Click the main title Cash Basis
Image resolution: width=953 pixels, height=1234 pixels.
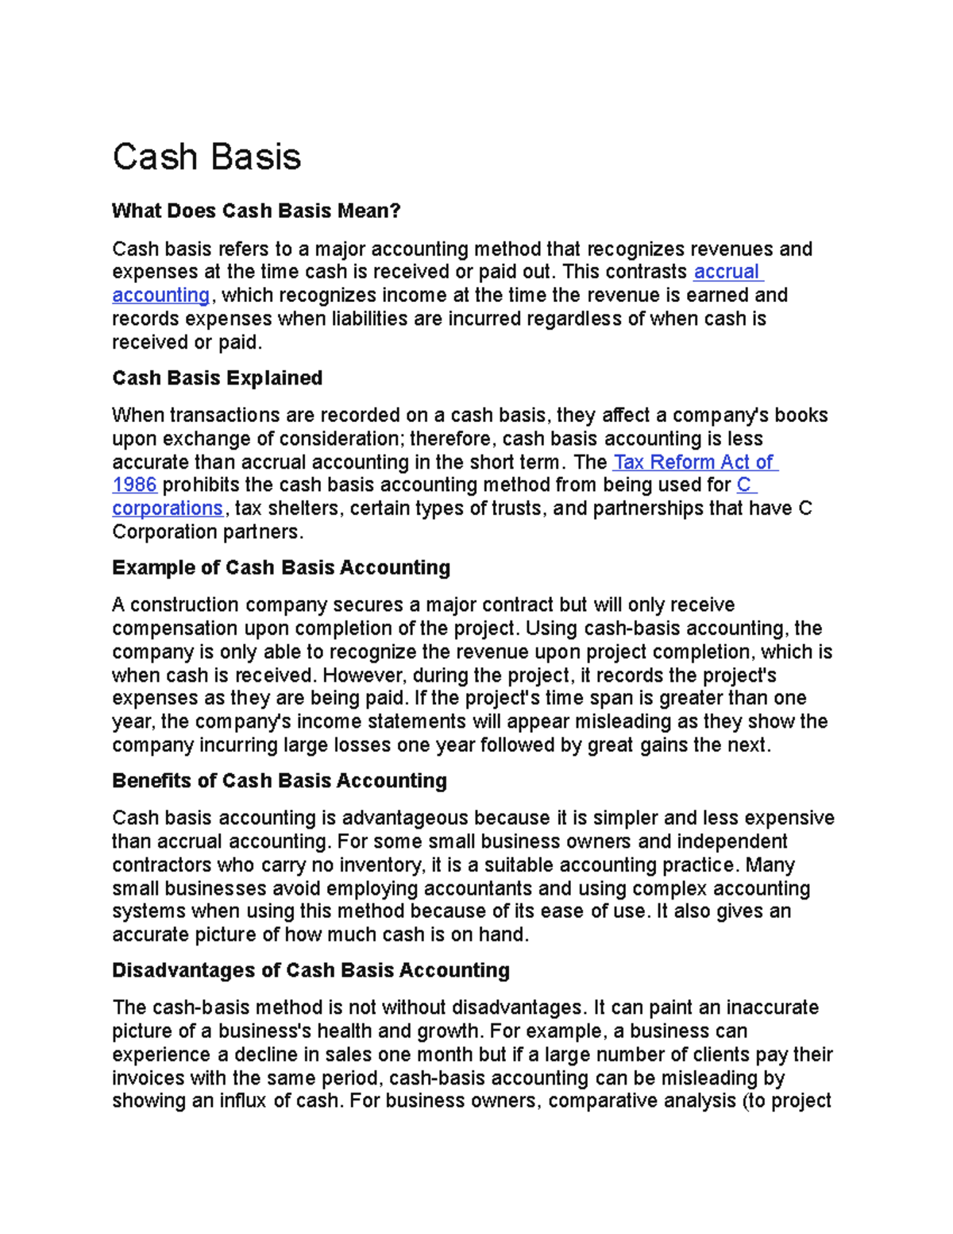pyautogui.click(x=206, y=157)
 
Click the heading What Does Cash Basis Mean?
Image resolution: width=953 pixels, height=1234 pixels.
pyautogui.click(x=256, y=211)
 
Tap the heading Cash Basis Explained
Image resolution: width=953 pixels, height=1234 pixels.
pyautogui.click(x=217, y=377)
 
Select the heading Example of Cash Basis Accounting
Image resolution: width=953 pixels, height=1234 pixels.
pyautogui.click(x=281, y=567)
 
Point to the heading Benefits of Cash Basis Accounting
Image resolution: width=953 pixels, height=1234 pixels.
pyautogui.click(x=279, y=780)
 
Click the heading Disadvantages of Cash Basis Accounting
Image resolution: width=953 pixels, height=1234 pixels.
pyautogui.click(x=311, y=970)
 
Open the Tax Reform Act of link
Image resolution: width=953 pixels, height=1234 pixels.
pyautogui.click(x=695, y=462)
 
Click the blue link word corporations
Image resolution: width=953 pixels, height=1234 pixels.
pyautogui.click(x=168, y=509)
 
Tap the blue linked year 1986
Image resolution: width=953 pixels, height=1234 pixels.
pyautogui.click(x=134, y=485)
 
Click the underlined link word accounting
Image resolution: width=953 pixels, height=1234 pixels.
pyautogui.click(x=160, y=296)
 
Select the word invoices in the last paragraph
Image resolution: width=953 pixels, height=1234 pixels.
pyautogui.click(x=147, y=1078)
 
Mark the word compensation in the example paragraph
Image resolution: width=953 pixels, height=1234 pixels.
pyautogui.click(x=174, y=629)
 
